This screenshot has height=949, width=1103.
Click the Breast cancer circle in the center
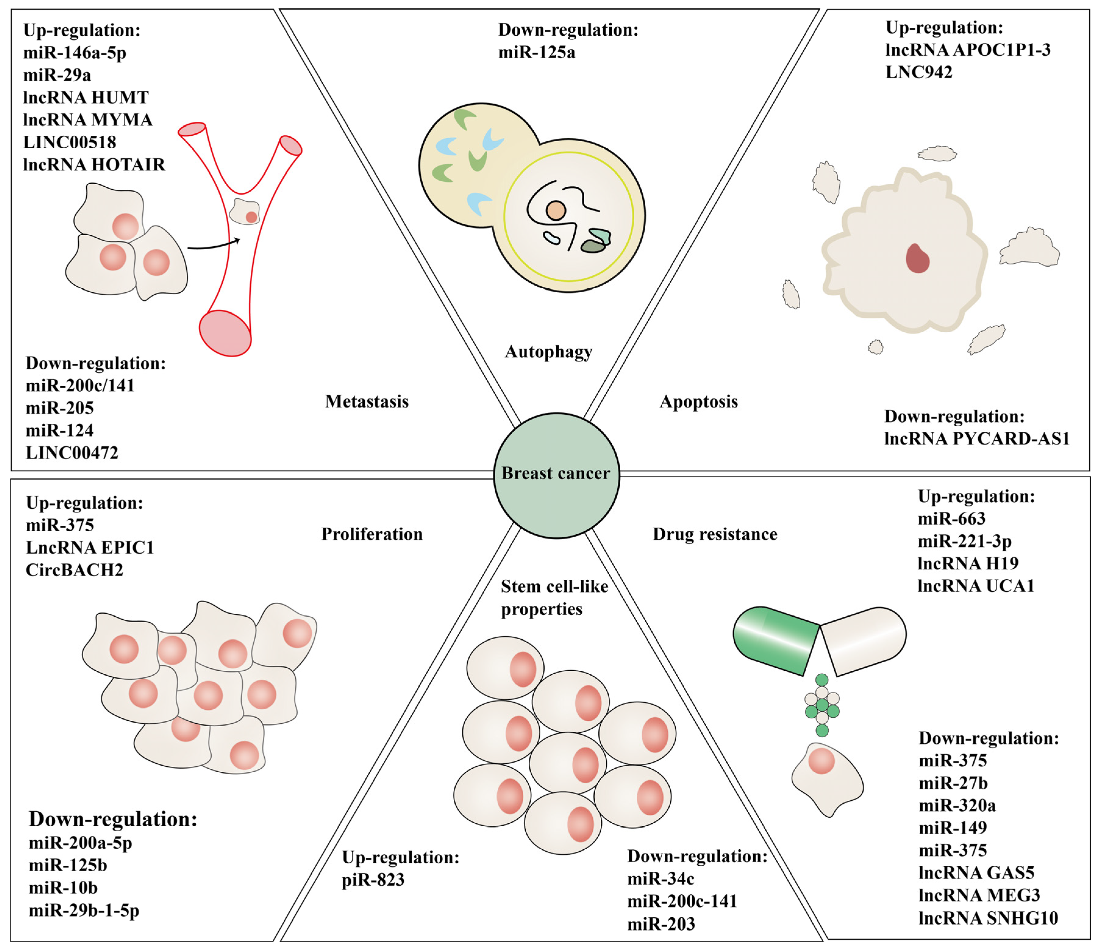coord(556,475)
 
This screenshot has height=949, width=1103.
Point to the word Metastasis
coord(367,402)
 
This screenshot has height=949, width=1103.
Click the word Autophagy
coord(548,352)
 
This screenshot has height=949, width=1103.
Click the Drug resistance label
coord(715,534)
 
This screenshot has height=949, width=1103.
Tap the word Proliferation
coord(371,534)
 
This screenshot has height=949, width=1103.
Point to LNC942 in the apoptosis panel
coord(919,72)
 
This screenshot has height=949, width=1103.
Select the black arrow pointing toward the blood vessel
coord(213,246)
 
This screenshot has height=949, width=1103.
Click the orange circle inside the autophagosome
coord(556,210)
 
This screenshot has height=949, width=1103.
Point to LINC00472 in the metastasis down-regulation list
coord(72,453)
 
